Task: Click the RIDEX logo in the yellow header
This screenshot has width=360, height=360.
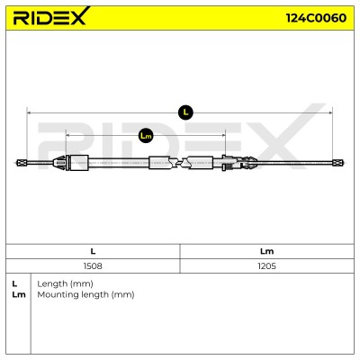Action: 51,16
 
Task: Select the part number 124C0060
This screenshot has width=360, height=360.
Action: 316,18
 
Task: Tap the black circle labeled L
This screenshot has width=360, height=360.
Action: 185,112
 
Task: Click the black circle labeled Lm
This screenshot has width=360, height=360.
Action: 146,136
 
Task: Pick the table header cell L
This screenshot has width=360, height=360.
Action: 93,251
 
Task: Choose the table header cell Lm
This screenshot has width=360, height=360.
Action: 266,251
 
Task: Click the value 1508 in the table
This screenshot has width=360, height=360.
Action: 93,266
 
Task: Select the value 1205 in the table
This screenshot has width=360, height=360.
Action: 266,266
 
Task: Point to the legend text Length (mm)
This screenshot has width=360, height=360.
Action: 65,283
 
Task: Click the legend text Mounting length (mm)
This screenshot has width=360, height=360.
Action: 85,294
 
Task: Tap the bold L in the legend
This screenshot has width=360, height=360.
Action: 14,283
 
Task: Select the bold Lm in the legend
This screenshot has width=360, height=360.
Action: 19,294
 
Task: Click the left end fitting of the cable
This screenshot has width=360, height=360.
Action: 22,163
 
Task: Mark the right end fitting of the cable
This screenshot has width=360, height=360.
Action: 338,163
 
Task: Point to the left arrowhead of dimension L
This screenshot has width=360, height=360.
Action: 29,112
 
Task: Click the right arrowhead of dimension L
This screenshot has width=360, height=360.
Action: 330,112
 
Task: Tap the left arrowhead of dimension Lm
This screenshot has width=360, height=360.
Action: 67,136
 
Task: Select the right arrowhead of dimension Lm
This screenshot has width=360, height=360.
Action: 223,136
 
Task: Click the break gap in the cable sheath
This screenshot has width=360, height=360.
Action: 180,163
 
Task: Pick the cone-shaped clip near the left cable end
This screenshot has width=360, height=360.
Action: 59,163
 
